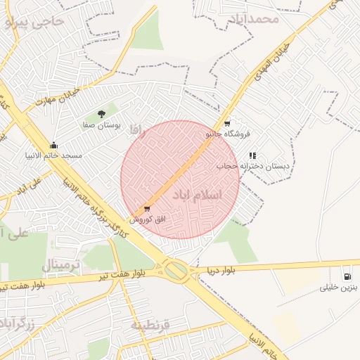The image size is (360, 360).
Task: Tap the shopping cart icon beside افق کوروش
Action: (x=147, y=209)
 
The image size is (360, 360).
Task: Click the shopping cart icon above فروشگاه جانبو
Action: (x=226, y=122)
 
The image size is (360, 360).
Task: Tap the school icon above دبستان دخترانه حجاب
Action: (x=252, y=155)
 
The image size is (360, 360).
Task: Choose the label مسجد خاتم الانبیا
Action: (x=53, y=155)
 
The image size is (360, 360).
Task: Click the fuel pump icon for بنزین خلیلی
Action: (x=347, y=275)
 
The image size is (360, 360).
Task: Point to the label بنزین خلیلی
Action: (x=339, y=287)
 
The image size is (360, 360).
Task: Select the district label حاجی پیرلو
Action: (x=34, y=22)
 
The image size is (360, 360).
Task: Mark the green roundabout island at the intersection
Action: (x=176, y=269)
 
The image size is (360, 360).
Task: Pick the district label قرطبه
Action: (x=150, y=326)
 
